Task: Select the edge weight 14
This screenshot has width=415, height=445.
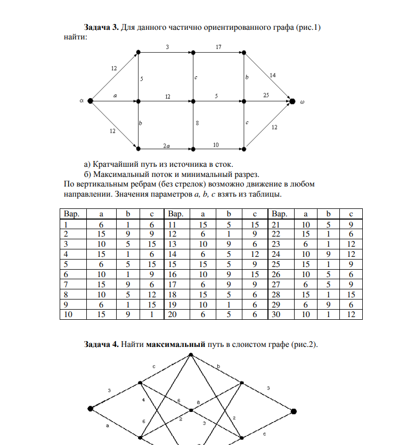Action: tap(273, 76)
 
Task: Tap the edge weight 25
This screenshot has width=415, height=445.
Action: tap(266, 95)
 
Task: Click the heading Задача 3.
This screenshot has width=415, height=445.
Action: tap(101, 27)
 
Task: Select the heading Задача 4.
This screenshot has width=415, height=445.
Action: tap(101, 344)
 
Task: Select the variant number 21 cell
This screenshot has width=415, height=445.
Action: tap(276, 225)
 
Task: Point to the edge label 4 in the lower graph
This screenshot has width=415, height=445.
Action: tap(143, 399)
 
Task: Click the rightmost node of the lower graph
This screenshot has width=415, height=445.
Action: tap(294, 411)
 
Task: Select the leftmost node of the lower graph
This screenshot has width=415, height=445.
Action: tap(90, 409)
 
